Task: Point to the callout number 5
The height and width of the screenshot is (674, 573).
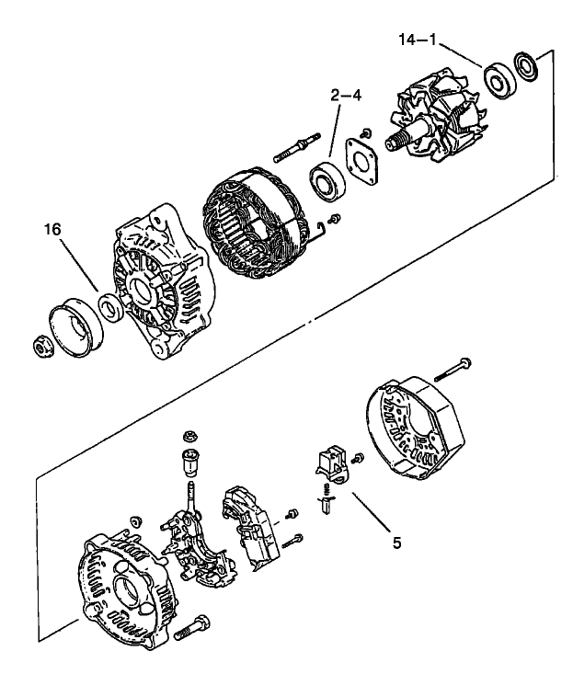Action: (x=396, y=543)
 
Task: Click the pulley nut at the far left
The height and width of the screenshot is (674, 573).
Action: (x=41, y=346)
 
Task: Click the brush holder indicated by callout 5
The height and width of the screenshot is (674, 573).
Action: (x=330, y=465)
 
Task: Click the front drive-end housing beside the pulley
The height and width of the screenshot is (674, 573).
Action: (x=162, y=280)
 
